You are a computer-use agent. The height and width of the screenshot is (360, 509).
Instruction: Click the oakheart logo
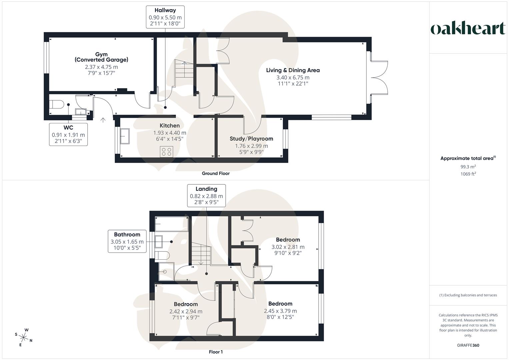pyautogui.click(x=468, y=29)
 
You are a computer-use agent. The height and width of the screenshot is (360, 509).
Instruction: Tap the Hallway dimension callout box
pyautogui.click(x=165, y=17)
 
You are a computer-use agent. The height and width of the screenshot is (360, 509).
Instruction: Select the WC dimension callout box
pyautogui.click(x=68, y=134)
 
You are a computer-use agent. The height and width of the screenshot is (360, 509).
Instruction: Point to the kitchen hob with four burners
pyautogui.click(x=166, y=152)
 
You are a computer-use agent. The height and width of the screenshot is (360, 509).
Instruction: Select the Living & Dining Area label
pyautogui.click(x=293, y=70)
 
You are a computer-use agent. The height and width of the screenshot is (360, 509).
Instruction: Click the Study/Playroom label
pyautogui.click(x=251, y=139)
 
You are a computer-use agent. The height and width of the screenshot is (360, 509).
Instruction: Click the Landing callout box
pyautogui.click(x=206, y=196)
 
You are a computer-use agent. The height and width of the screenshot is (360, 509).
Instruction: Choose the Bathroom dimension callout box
pyautogui.click(x=127, y=241)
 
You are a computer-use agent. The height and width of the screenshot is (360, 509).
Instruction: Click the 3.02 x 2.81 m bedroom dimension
pyautogui.click(x=288, y=247)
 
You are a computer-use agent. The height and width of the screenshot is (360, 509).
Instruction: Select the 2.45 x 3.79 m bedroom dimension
pyautogui.click(x=280, y=311)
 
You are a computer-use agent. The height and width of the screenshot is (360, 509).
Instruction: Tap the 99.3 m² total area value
pyautogui.click(x=468, y=167)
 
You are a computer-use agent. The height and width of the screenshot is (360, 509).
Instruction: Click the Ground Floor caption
pyautogui.click(x=216, y=173)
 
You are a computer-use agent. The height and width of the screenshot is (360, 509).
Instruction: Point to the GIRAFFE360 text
pyautogui.click(x=468, y=345)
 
